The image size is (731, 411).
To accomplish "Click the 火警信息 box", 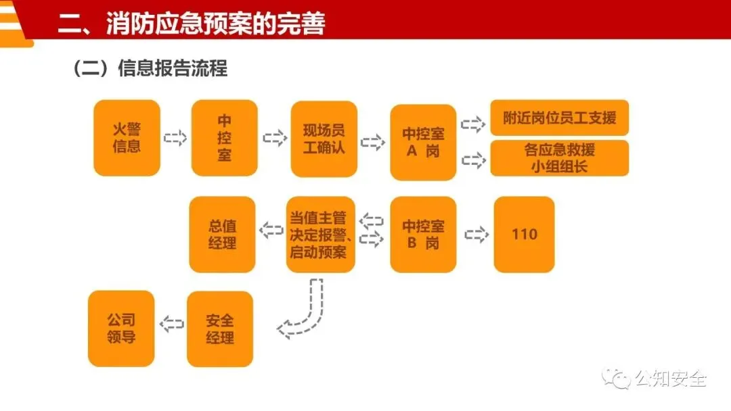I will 127,138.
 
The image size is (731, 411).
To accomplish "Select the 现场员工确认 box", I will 324,139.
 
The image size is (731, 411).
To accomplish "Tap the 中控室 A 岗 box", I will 423,142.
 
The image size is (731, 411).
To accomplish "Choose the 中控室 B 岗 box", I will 423,234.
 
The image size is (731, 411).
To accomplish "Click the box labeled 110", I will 524,234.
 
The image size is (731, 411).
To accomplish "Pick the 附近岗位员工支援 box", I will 559,118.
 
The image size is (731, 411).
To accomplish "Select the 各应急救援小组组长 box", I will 559,158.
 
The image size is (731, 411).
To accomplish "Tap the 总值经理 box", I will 222,234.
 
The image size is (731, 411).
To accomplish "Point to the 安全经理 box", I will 220,329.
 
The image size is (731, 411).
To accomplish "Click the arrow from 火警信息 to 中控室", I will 175,138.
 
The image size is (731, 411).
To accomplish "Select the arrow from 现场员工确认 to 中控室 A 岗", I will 373,143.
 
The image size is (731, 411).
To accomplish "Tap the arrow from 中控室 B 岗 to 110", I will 477,235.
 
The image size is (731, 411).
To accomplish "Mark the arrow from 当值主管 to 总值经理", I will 271,231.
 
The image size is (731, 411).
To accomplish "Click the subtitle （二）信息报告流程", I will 150,68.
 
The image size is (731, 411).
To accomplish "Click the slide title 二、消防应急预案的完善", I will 191,24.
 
